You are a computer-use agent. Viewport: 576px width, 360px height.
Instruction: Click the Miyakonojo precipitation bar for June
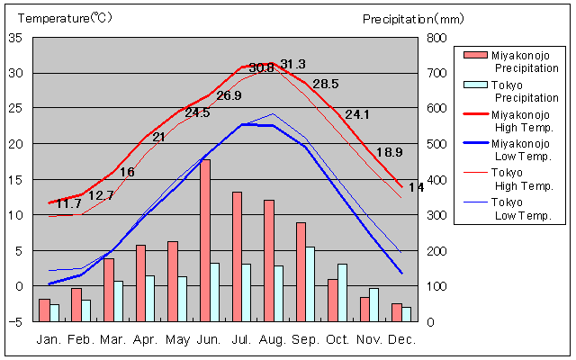coord(205,240)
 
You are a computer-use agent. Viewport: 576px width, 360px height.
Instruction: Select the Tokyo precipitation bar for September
coord(310,283)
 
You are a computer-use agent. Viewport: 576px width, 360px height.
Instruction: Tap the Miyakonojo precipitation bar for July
coord(238,256)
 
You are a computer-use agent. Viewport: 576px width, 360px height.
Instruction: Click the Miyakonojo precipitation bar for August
coord(269,260)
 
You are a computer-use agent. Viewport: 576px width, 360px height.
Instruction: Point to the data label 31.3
coord(292,64)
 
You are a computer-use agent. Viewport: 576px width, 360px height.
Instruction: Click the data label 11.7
coord(68,204)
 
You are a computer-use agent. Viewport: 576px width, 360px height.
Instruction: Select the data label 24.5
coord(197,112)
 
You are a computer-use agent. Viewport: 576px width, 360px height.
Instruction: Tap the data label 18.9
coord(389,152)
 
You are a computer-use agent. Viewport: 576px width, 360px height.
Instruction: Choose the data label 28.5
coord(325,84)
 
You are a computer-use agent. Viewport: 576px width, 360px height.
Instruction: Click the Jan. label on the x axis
coord(49,339)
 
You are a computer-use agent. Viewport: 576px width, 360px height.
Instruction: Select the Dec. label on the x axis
coord(401,339)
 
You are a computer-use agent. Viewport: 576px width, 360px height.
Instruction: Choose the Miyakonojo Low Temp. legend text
coord(520,149)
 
